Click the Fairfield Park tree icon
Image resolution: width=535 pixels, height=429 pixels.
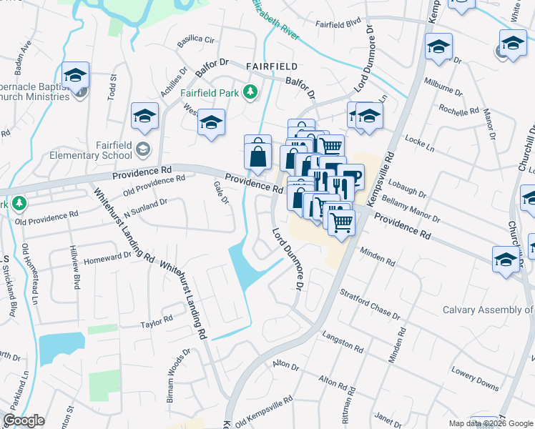[x=250, y=92]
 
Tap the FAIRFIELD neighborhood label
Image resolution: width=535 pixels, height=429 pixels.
[x=272, y=66]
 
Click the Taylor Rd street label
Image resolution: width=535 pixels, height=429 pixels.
[x=157, y=322]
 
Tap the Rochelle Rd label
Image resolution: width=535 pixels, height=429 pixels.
[x=458, y=112]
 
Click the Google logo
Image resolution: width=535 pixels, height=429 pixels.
[x=24, y=420]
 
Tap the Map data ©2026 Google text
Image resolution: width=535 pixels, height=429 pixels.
[x=491, y=423]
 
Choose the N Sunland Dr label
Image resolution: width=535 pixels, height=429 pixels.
[x=145, y=206]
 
